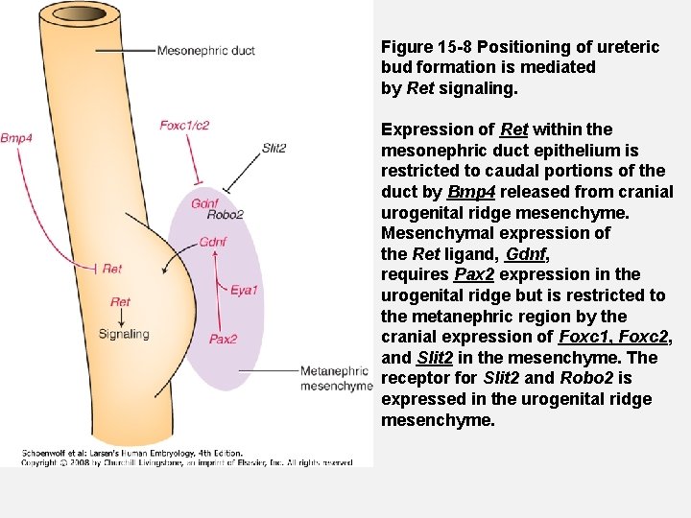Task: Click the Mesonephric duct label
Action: coord(205,50)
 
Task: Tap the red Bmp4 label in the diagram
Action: coord(16,138)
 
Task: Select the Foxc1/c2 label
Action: coord(184,125)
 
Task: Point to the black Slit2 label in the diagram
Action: coord(274,148)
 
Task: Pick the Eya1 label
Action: coord(244,290)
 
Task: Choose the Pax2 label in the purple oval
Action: coord(223,339)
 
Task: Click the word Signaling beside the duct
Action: coord(124,334)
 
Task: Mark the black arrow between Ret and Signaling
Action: coord(120,318)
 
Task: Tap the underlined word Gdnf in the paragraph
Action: coord(525,254)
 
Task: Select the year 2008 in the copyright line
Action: coord(75,462)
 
